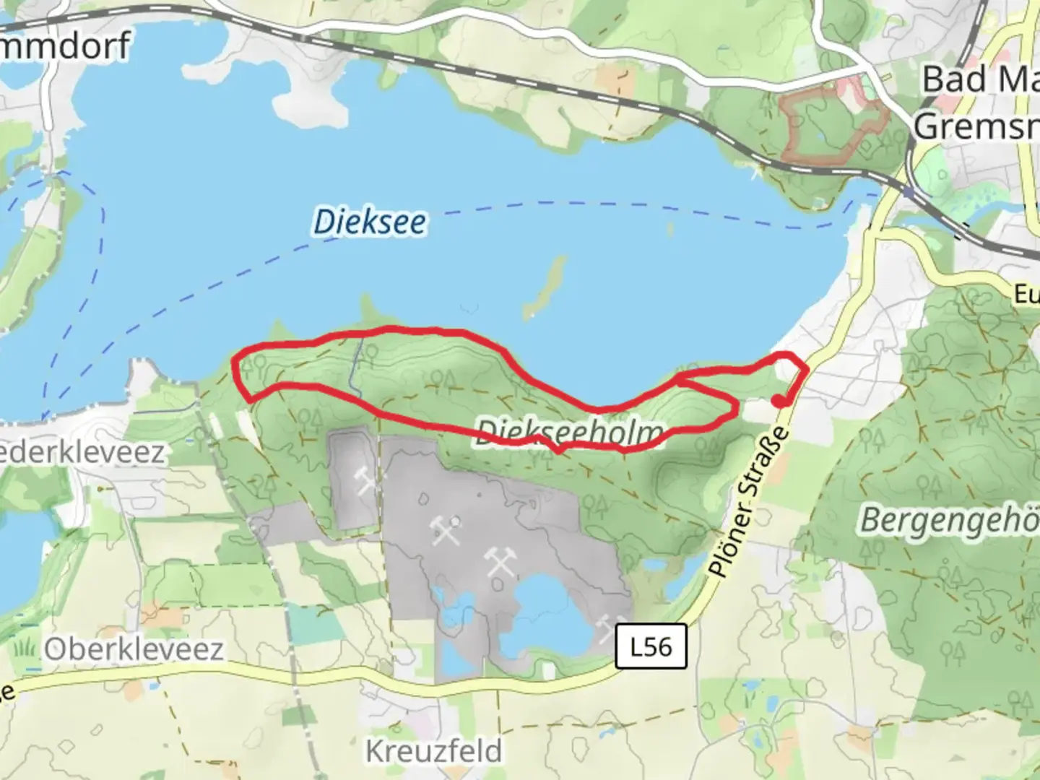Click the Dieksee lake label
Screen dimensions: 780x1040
(x=369, y=221)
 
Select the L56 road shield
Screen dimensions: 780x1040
(x=651, y=646)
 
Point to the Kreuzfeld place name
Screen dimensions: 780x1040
(x=433, y=751)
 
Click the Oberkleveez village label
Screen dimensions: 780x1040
(x=134, y=649)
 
